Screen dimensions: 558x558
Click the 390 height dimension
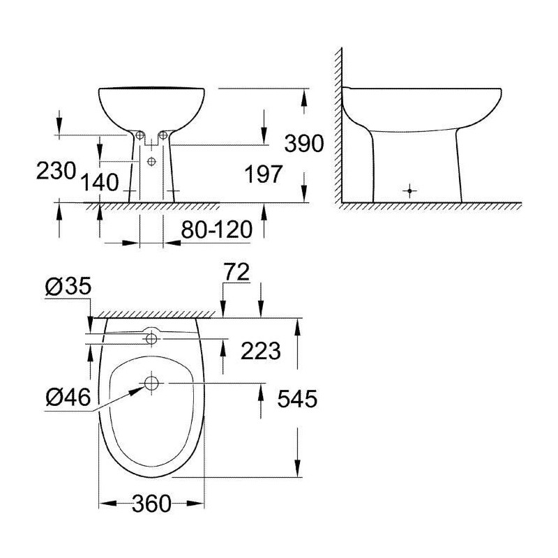(304, 144)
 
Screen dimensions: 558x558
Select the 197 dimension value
(264, 174)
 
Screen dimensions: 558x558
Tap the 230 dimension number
(56, 171)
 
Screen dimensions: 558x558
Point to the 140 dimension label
(100, 183)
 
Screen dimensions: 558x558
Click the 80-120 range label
(217, 229)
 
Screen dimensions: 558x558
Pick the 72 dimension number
(236, 272)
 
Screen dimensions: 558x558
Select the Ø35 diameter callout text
(68, 287)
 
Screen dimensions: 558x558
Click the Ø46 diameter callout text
(68, 397)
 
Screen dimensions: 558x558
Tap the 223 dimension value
(261, 351)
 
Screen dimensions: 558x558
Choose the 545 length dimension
(297, 398)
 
